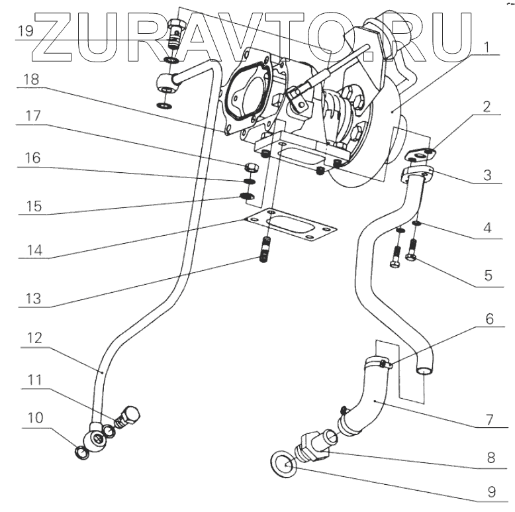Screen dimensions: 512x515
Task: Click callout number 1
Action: [x=486, y=48]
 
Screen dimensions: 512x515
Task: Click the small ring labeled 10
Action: [x=81, y=454]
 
